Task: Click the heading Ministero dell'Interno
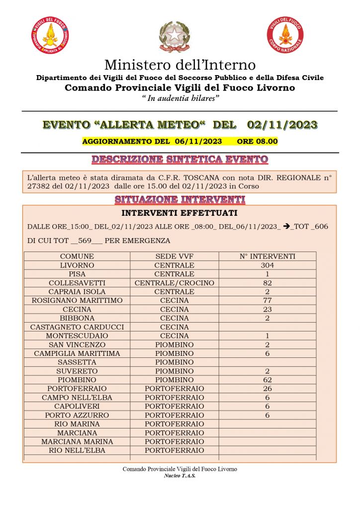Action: click(180, 65)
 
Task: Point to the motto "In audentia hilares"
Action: click(180, 98)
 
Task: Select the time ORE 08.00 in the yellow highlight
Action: click(257, 141)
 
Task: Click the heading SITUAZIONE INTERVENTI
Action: click(180, 199)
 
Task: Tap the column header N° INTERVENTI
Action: click(267, 256)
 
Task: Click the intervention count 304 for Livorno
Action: click(267, 265)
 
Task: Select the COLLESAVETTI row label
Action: click(77, 283)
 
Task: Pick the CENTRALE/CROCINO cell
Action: click(174, 283)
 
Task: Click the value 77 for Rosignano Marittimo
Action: click(267, 301)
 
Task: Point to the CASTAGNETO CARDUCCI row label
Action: click(77, 327)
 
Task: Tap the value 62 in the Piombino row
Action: click(267, 380)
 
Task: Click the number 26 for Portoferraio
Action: click(267, 389)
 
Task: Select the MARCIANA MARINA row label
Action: click(77, 441)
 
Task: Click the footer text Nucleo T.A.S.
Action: click(180, 476)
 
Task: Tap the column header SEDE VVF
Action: click(174, 256)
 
